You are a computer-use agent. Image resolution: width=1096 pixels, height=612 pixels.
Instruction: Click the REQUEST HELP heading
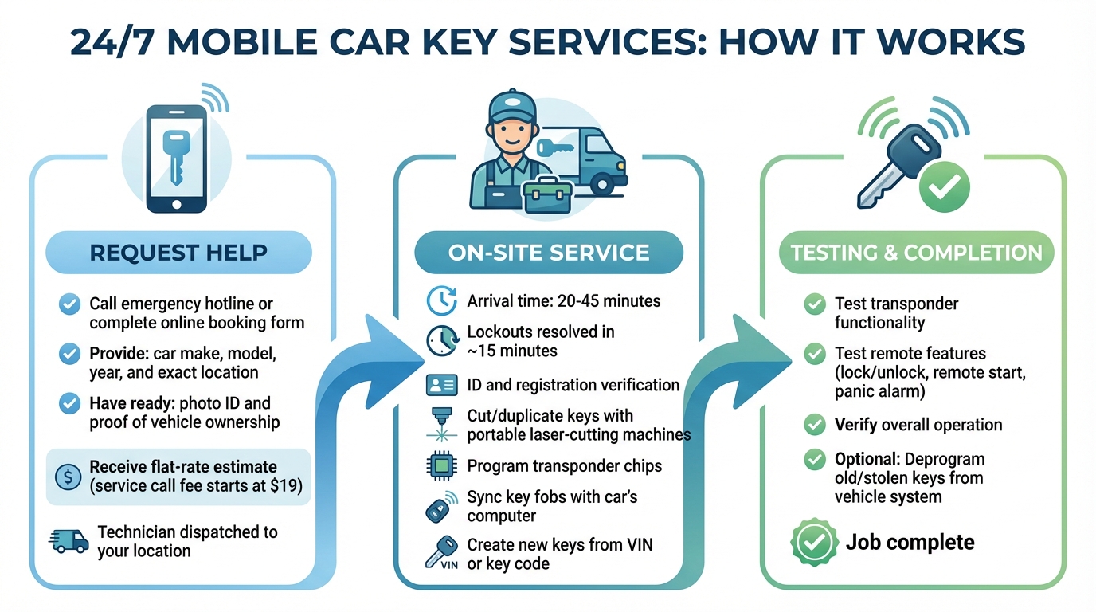click(178, 253)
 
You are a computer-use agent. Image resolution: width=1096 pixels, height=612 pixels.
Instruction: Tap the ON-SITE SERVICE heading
click(549, 253)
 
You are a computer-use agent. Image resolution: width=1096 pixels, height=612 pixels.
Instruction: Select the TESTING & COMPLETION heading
click(916, 253)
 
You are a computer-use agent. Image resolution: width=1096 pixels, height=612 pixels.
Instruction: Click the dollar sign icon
click(68, 477)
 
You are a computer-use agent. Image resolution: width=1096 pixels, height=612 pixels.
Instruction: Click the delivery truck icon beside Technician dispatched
click(68, 541)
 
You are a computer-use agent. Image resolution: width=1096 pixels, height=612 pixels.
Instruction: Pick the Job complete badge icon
click(813, 543)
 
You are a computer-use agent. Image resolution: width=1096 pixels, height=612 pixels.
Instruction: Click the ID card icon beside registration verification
click(441, 385)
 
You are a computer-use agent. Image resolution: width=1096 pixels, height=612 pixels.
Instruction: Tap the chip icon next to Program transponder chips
click(441, 466)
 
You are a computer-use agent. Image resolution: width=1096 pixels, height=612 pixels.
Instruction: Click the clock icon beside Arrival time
click(441, 300)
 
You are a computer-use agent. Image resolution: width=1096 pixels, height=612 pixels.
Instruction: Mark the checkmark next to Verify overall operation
click(814, 425)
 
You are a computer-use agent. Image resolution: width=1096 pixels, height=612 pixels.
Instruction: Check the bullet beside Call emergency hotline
click(70, 304)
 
